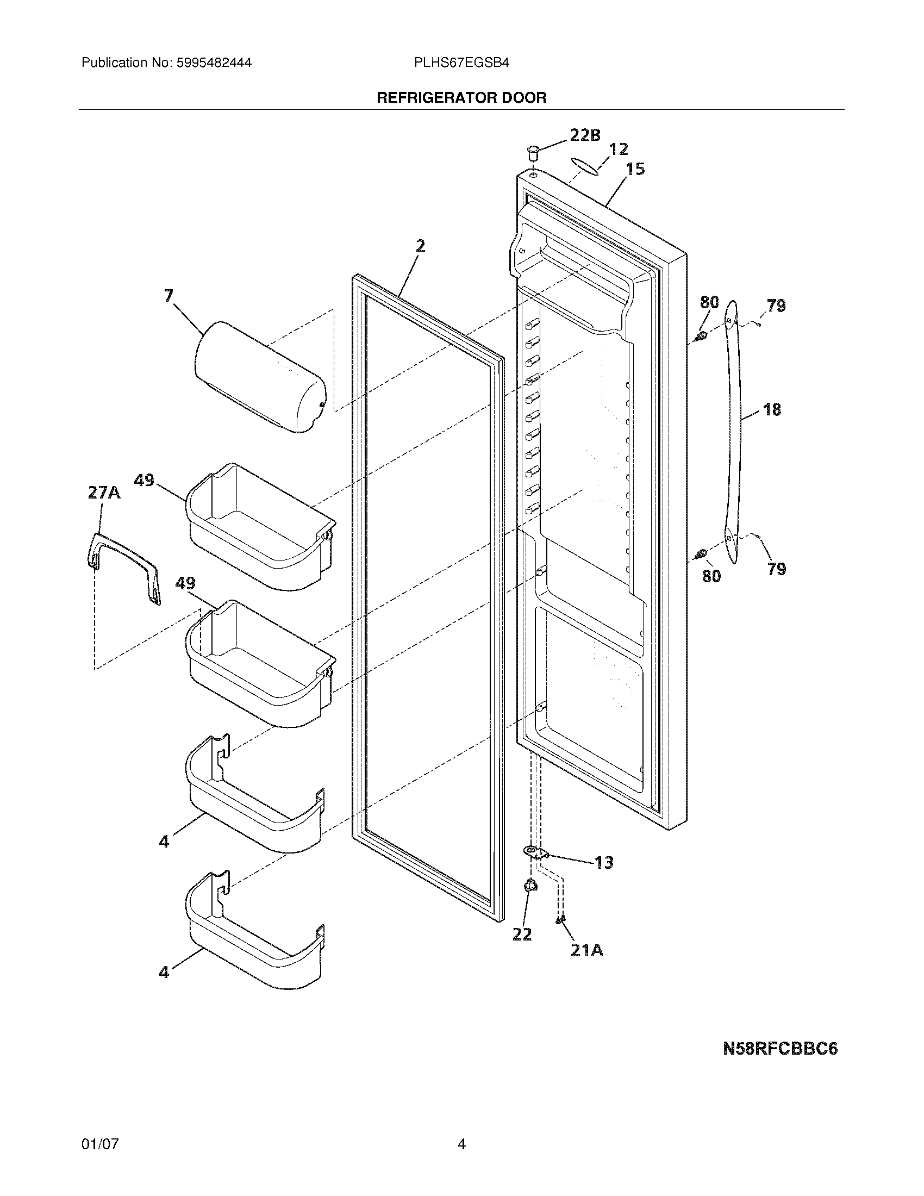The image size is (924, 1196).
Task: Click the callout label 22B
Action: coord(585,135)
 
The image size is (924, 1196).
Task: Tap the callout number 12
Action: coord(618,149)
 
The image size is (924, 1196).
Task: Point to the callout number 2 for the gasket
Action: coord(419,246)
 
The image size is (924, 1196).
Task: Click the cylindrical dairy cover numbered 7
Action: coord(259,377)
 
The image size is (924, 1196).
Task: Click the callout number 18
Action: coord(772,409)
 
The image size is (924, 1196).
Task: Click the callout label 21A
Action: coord(586,951)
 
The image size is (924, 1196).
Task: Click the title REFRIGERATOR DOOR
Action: coord(461,98)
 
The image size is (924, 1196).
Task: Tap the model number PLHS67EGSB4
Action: coord(461,63)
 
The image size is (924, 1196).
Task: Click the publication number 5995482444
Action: coord(214,63)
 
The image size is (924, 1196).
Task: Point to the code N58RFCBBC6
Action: coord(780,1049)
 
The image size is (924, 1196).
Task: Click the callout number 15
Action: coord(635,169)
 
